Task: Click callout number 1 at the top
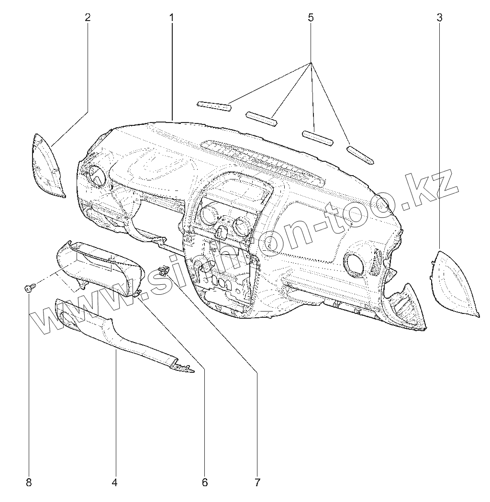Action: [171, 18]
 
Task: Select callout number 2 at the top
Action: [88, 18]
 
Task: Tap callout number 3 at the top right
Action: [439, 18]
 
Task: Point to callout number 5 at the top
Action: [311, 18]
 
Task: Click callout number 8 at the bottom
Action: [29, 482]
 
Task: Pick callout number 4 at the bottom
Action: [114, 482]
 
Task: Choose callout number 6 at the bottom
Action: [205, 482]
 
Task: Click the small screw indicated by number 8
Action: [28, 287]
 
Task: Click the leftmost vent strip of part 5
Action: [214, 106]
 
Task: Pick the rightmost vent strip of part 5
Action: [361, 155]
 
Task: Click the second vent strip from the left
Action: [262, 119]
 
